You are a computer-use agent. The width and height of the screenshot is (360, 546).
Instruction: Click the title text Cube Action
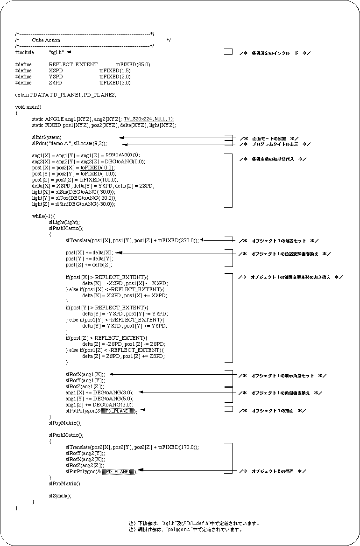(x=46, y=41)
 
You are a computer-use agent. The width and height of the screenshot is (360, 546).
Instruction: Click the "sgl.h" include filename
(x=56, y=53)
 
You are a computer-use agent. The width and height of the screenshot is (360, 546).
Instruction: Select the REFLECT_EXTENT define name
(x=73, y=64)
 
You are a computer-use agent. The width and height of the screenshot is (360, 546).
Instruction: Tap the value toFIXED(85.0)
(x=133, y=64)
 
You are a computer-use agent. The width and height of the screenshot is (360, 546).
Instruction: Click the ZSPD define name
(x=56, y=83)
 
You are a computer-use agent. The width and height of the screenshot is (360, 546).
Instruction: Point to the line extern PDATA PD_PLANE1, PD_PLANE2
(x=65, y=95)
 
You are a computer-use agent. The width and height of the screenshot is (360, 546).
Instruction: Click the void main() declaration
(x=28, y=107)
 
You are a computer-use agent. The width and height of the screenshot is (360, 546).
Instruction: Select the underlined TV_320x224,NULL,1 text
(x=148, y=119)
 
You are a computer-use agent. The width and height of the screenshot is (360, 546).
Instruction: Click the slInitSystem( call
(x=46, y=137)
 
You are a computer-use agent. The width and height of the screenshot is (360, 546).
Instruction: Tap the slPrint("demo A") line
(x=69, y=143)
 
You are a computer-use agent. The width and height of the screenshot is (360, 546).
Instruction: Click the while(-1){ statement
(x=43, y=216)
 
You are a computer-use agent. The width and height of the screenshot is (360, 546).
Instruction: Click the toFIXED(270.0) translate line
(x=132, y=240)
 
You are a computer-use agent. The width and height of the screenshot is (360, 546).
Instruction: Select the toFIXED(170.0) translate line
(x=132, y=447)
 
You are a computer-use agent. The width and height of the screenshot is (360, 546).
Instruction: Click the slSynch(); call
(x=60, y=496)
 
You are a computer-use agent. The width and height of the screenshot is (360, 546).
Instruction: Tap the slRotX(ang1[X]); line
(x=85, y=374)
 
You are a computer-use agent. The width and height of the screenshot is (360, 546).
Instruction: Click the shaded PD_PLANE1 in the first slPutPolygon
(x=118, y=411)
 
